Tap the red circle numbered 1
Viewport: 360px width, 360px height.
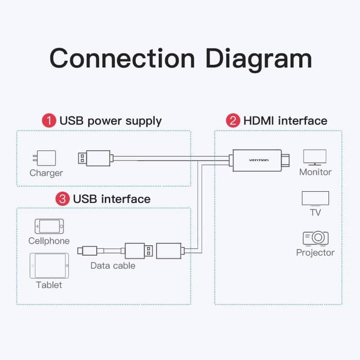(x=49, y=121)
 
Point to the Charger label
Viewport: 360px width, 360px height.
(x=46, y=173)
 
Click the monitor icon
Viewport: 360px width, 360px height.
(x=315, y=156)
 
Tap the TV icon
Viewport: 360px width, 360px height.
(x=315, y=198)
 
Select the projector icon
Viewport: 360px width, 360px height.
(x=315, y=238)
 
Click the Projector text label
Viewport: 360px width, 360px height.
(x=315, y=253)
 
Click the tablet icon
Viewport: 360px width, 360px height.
(x=49, y=265)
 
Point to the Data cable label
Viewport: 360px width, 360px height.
(x=113, y=266)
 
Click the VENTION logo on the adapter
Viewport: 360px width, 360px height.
(x=259, y=160)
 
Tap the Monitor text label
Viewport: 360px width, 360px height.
(x=315, y=172)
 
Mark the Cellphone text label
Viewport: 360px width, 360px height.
(x=49, y=241)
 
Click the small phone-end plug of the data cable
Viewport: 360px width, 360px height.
(x=86, y=251)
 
